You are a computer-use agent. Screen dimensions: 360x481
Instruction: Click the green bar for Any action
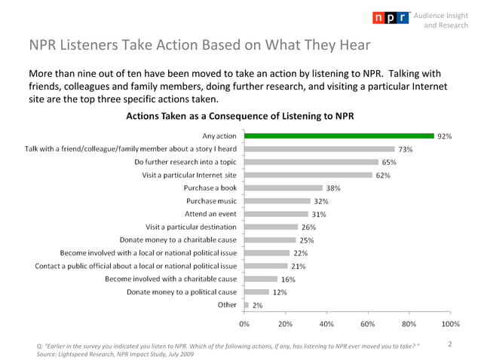pos(339,136)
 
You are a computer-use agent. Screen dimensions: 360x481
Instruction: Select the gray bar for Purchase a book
pos(283,188)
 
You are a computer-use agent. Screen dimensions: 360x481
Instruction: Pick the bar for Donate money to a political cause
pos(257,291)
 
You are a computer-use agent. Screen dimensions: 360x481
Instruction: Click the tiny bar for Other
pos(247,305)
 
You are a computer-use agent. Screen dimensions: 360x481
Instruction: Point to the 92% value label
pos(445,136)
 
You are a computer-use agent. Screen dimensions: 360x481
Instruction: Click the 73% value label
pos(406,149)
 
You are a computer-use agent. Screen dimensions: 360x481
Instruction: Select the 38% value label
pos(334,188)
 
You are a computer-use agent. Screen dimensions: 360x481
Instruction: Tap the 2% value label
pos(258,305)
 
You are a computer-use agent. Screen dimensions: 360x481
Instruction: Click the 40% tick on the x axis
pos(326,324)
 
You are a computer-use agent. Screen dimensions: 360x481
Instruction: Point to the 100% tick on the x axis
pos(450,324)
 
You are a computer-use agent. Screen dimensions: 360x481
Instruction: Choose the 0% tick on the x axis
pos(244,324)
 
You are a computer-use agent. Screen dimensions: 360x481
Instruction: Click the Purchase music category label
pos(211,201)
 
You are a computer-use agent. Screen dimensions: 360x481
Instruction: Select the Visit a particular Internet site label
pos(189,175)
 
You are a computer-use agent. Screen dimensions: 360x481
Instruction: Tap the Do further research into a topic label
pos(185,162)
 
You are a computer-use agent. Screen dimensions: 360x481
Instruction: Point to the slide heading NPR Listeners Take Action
pos(199,45)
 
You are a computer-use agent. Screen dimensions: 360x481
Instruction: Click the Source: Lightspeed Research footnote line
pos(109,354)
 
